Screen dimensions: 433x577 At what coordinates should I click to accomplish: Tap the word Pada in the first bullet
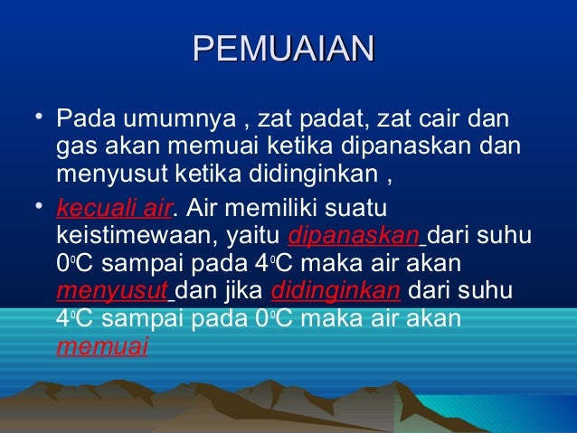pyautogui.click(x=82, y=119)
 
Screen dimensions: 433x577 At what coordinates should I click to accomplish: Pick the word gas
pyautogui.click(x=73, y=145)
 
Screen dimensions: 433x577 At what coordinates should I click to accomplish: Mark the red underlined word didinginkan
pyautogui.click(x=336, y=292)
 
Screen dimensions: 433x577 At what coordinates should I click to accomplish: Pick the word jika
pyautogui.click(x=243, y=292)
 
